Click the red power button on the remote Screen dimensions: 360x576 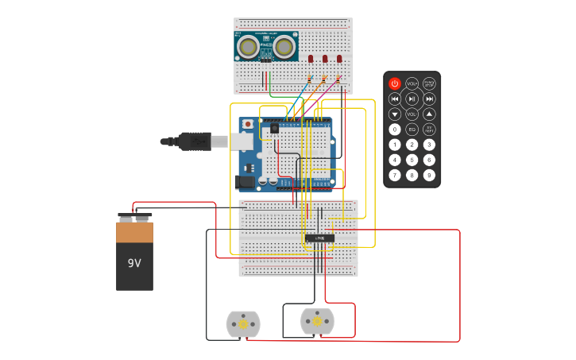point(395,83)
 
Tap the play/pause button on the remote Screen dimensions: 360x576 point(412,99)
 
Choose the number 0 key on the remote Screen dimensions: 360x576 point(395,129)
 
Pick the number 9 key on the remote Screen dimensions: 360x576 point(429,175)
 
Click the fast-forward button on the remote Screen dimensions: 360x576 point(429,99)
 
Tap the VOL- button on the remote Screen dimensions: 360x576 point(412,114)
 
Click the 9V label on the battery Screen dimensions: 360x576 point(134,262)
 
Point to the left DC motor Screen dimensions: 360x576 point(243,324)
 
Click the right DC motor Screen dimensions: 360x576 point(317,322)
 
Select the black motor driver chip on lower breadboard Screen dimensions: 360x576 point(319,238)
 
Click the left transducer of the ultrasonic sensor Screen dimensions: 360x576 point(249,48)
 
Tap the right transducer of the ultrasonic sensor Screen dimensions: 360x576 point(284,48)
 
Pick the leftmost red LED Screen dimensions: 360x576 point(311,59)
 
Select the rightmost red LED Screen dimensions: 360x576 point(339,59)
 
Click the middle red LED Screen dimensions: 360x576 point(325,59)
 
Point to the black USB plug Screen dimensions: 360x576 point(195,141)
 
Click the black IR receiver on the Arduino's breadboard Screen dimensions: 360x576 point(275,128)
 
